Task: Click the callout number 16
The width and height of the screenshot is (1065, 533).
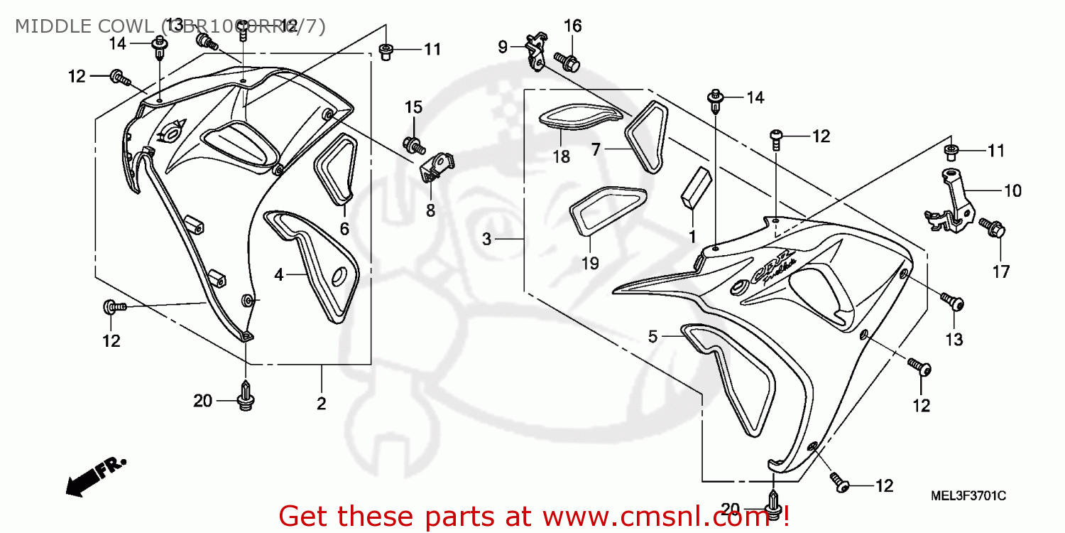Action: tap(572, 27)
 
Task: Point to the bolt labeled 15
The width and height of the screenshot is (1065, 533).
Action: tap(413, 145)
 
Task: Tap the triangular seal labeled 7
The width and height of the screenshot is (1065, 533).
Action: tap(645, 138)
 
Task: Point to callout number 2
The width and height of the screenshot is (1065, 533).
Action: tap(321, 404)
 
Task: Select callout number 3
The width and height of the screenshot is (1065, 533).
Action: tap(486, 239)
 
